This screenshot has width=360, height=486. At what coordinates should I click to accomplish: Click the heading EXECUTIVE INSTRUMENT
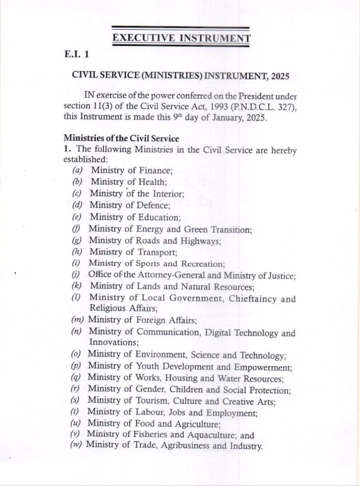pyautogui.click(x=181, y=38)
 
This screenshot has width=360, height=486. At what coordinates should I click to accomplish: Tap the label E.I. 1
pyautogui.click(x=76, y=54)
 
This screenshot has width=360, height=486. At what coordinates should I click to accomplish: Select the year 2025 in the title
pyautogui.click(x=281, y=76)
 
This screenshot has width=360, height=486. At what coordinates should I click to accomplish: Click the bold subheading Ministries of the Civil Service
pyautogui.click(x=121, y=139)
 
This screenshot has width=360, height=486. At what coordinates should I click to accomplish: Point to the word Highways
pyautogui.click(x=200, y=241)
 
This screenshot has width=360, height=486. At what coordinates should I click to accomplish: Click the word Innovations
pyautogui.click(x=113, y=342)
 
